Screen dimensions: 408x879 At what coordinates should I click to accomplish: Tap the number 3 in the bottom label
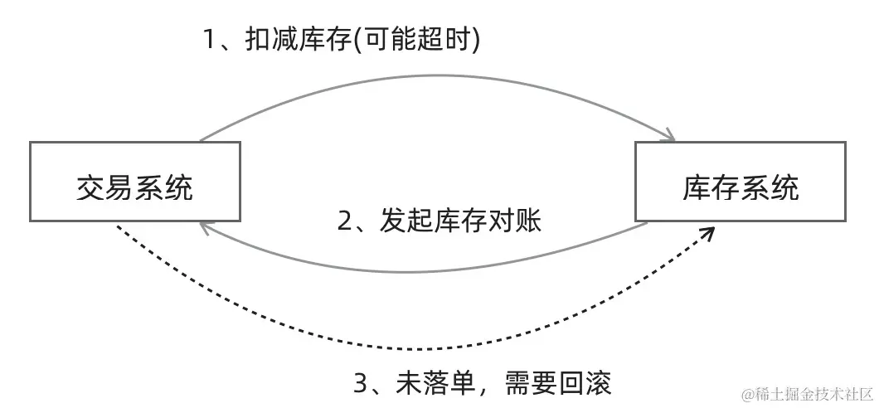pyautogui.click(x=361, y=385)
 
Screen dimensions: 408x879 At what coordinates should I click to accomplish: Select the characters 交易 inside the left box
pyautogui.click(x=105, y=188)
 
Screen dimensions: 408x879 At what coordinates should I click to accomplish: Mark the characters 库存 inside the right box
pyautogui.click(x=711, y=188)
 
